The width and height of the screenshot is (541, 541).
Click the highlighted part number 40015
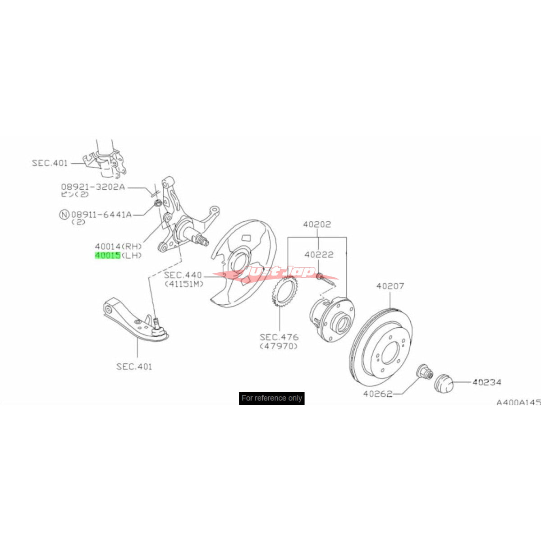click(x=107, y=256)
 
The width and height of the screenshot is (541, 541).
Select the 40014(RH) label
click(x=118, y=246)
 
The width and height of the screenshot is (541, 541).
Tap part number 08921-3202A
click(x=93, y=186)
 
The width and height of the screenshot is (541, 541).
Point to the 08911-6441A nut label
click(x=101, y=215)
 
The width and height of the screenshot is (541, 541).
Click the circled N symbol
click(x=64, y=215)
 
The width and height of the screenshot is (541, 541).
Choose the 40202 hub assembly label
click(x=317, y=224)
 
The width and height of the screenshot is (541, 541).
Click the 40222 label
click(x=319, y=255)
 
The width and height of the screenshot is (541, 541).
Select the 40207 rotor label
click(x=390, y=286)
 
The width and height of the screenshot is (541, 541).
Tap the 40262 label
click(x=377, y=394)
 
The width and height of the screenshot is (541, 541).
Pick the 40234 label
click(x=487, y=382)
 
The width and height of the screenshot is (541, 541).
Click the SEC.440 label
click(x=183, y=275)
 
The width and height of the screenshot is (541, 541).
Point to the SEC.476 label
click(x=279, y=337)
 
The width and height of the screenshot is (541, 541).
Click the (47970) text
click(x=279, y=346)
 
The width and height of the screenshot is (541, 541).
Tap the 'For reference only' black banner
click(x=271, y=398)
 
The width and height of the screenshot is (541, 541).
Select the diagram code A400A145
click(x=518, y=403)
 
